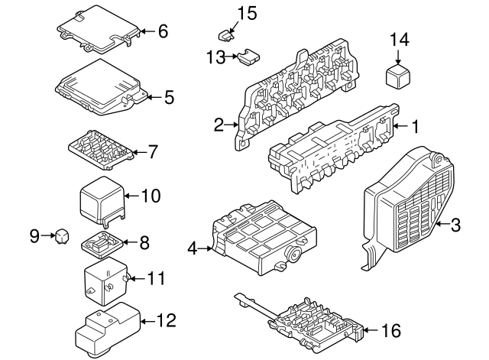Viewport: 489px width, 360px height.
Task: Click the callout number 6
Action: (x=162, y=32)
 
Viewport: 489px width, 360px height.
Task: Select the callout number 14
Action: (x=400, y=38)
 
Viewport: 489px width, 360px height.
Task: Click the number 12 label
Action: (x=166, y=319)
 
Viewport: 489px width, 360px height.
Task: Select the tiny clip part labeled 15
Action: (x=225, y=34)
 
